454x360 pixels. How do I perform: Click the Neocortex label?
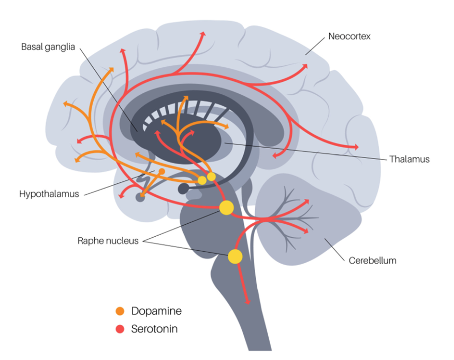[x=349, y=37]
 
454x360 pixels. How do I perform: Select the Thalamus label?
[x=410, y=159]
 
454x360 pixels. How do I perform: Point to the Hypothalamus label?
[x=49, y=194]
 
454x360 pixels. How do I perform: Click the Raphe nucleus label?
[x=108, y=241]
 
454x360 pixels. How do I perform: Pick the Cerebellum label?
[x=372, y=261]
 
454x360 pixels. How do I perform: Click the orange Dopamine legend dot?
[x=120, y=311]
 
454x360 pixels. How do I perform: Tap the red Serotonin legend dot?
[x=120, y=329]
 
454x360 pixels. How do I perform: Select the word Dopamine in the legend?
[x=156, y=311]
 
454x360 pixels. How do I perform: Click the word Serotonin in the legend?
[x=154, y=329]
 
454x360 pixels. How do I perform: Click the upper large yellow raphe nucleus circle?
[x=226, y=208]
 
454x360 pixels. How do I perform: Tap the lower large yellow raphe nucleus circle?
[x=235, y=256]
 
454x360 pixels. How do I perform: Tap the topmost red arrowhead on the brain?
[x=203, y=34]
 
